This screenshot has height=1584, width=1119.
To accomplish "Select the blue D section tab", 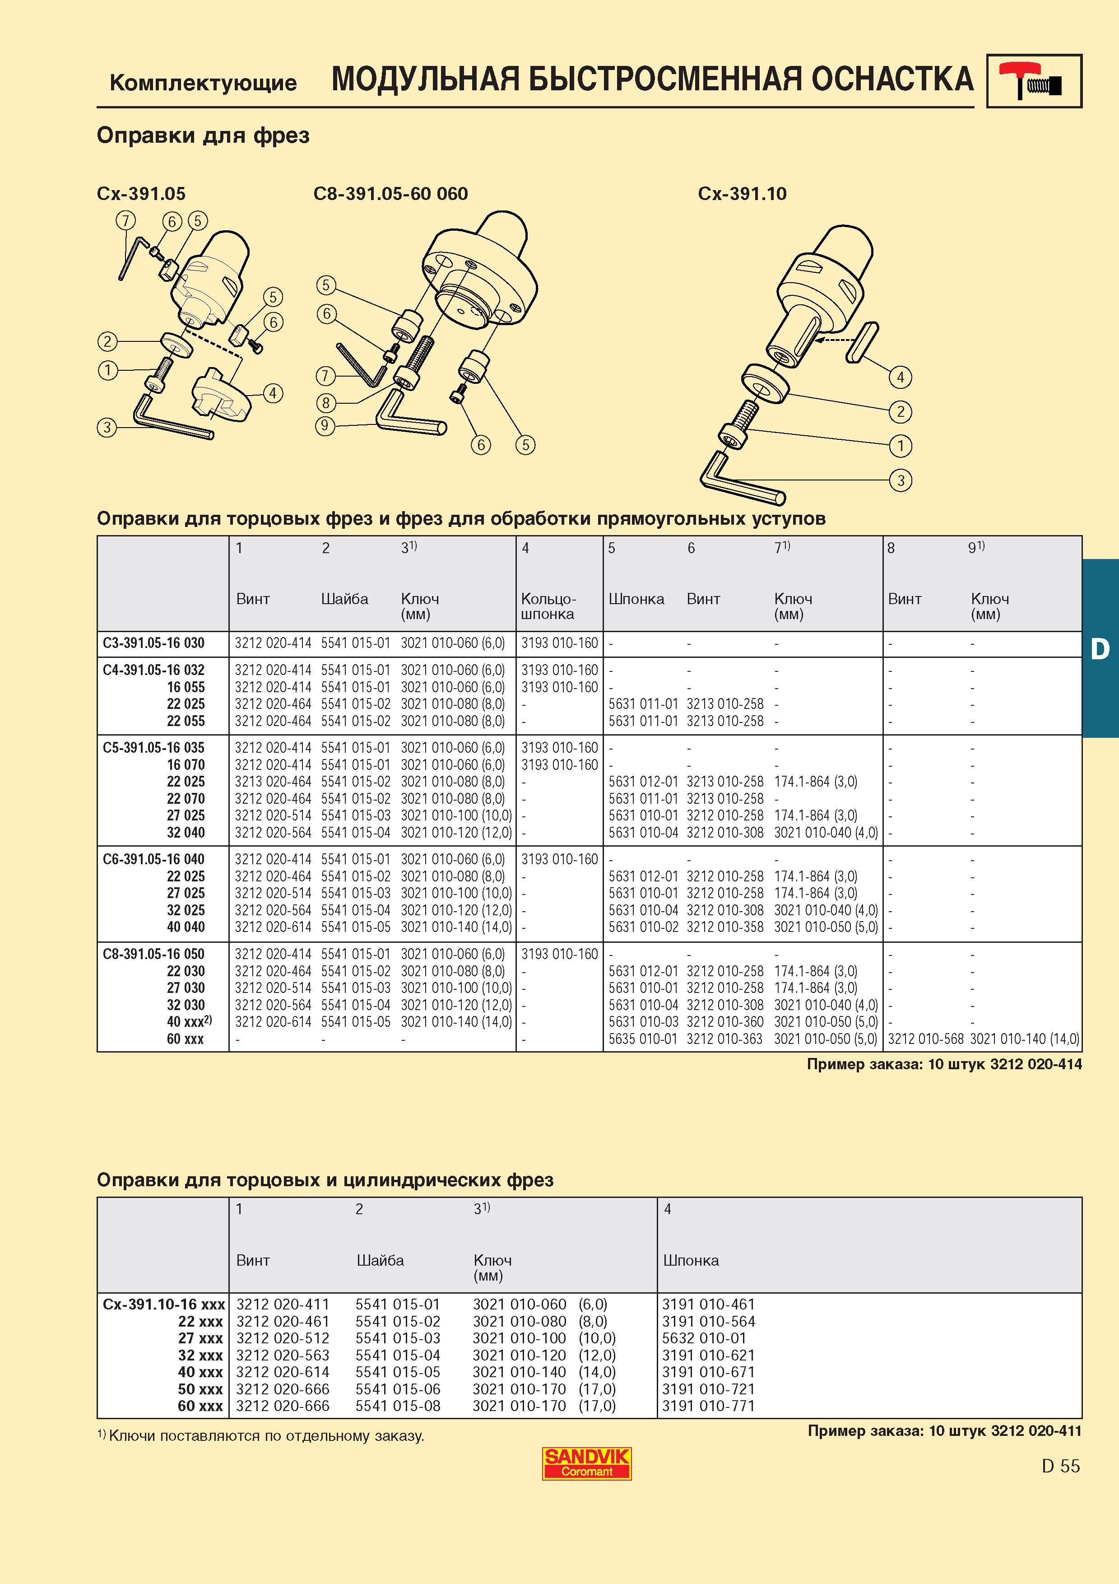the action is tap(1100, 648).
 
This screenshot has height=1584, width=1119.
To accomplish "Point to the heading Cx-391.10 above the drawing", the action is tap(742, 194).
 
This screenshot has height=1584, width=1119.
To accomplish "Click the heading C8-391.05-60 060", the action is tap(390, 194).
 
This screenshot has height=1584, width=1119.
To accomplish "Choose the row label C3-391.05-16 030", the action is tap(154, 643).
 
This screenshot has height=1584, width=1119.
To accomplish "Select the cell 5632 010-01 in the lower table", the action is tap(704, 1338).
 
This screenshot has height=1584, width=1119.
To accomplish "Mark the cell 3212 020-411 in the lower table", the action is tap(283, 1304).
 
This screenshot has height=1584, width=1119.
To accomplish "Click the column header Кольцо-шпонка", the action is tap(549, 606).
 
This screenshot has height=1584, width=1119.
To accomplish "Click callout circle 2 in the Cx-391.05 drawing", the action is tap(107, 341).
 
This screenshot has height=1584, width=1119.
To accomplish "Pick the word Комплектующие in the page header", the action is tap(204, 83).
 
